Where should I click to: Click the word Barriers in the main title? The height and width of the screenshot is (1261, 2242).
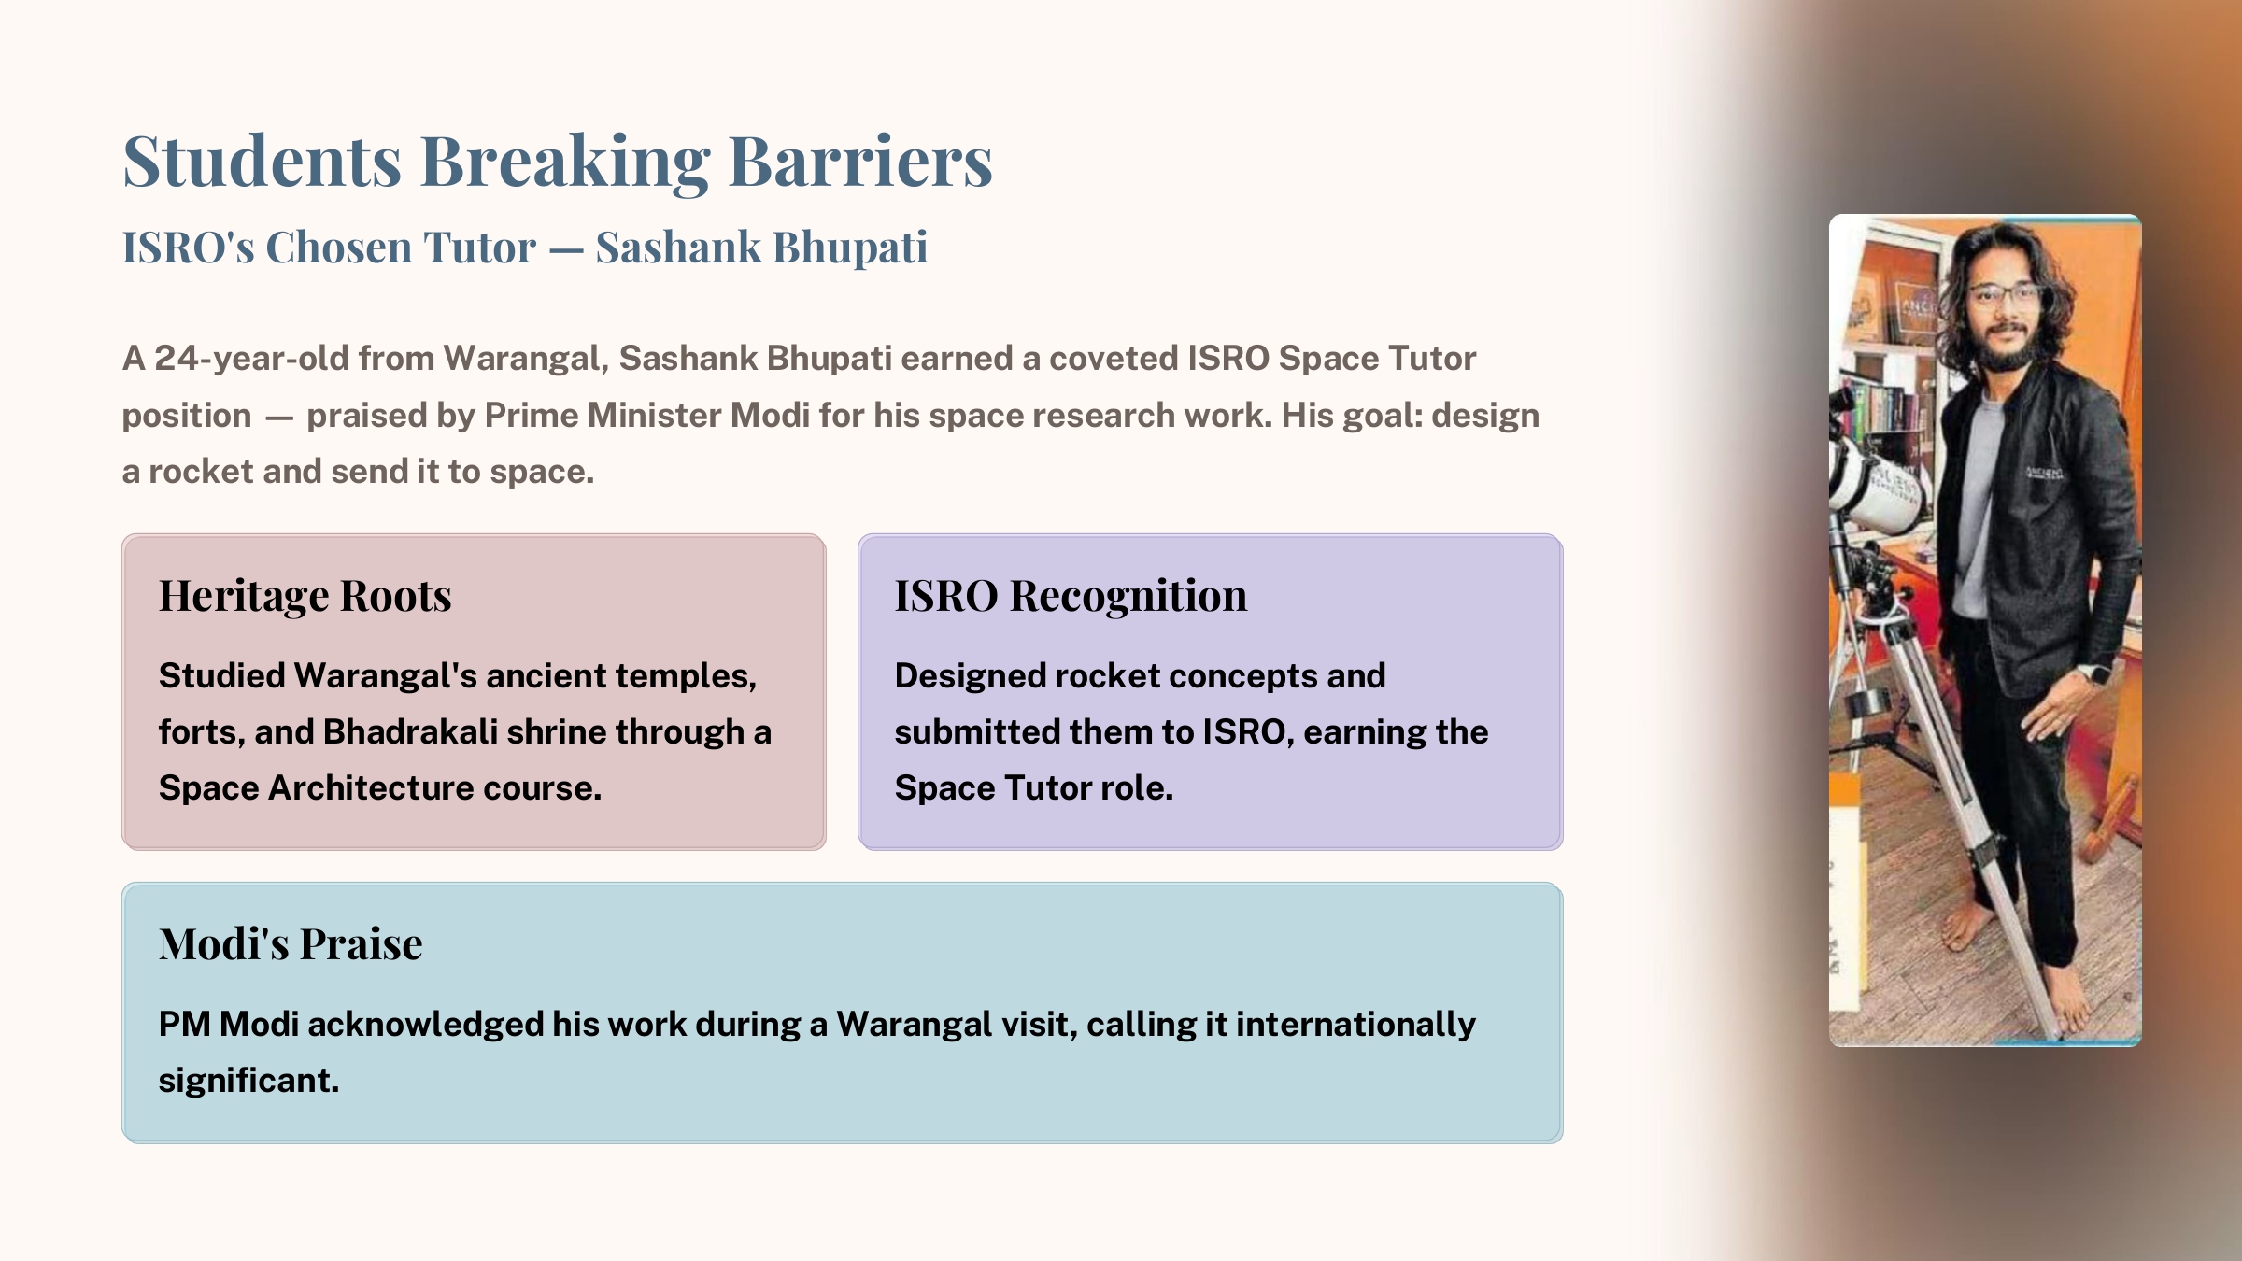[x=859, y=161]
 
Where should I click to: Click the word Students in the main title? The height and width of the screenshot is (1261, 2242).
[x=263, y=161]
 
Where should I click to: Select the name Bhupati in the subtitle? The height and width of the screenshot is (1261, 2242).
[x=851, y=248]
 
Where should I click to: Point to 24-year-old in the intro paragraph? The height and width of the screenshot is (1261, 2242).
[x=252, y=359]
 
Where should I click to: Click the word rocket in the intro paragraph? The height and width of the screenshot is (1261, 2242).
[x=201, y=472]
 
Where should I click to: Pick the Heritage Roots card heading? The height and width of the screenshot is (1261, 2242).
[x=305, y=596]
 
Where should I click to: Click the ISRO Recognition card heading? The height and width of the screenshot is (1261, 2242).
[x=1071, y=596]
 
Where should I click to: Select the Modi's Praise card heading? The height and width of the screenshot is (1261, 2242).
[x=291, y=944]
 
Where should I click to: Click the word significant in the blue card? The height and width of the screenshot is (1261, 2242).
[x=248, y=1082]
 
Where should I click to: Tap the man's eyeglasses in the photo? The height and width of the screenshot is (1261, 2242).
[x=2006, y=297]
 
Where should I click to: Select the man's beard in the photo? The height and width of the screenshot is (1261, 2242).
[x=2008, y=350]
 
